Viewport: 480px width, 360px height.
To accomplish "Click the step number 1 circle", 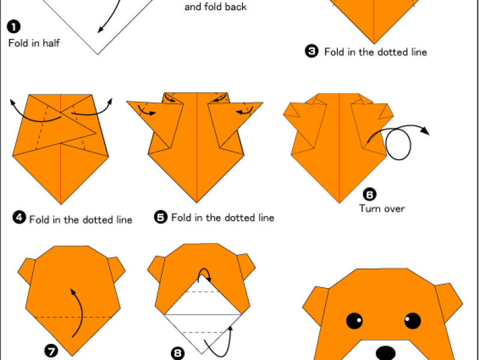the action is coord(14,26).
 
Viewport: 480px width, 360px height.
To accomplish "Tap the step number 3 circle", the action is coord(311,51).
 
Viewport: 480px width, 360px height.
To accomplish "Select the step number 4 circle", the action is coord(19,218).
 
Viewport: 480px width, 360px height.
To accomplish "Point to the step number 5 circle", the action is coord(161,217).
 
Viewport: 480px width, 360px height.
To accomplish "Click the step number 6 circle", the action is coord(370,194).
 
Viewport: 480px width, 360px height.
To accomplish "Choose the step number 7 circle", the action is coord(51,351).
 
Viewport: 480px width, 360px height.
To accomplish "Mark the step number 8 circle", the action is coord(178,353).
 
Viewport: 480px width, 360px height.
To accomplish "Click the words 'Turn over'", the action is coord(382,209).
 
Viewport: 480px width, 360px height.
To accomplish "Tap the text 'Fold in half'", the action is coord(34,43).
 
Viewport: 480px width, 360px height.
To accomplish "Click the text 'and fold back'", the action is coord(215,7).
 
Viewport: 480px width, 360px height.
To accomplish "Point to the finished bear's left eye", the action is coord(355,321).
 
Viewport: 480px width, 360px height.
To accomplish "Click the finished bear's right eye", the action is coord(412,321).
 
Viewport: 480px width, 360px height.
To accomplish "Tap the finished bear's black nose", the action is coord(385,353).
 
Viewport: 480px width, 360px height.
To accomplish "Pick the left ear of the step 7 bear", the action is coord(26,271).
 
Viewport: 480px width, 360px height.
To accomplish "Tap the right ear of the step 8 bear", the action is coord(247,266).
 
